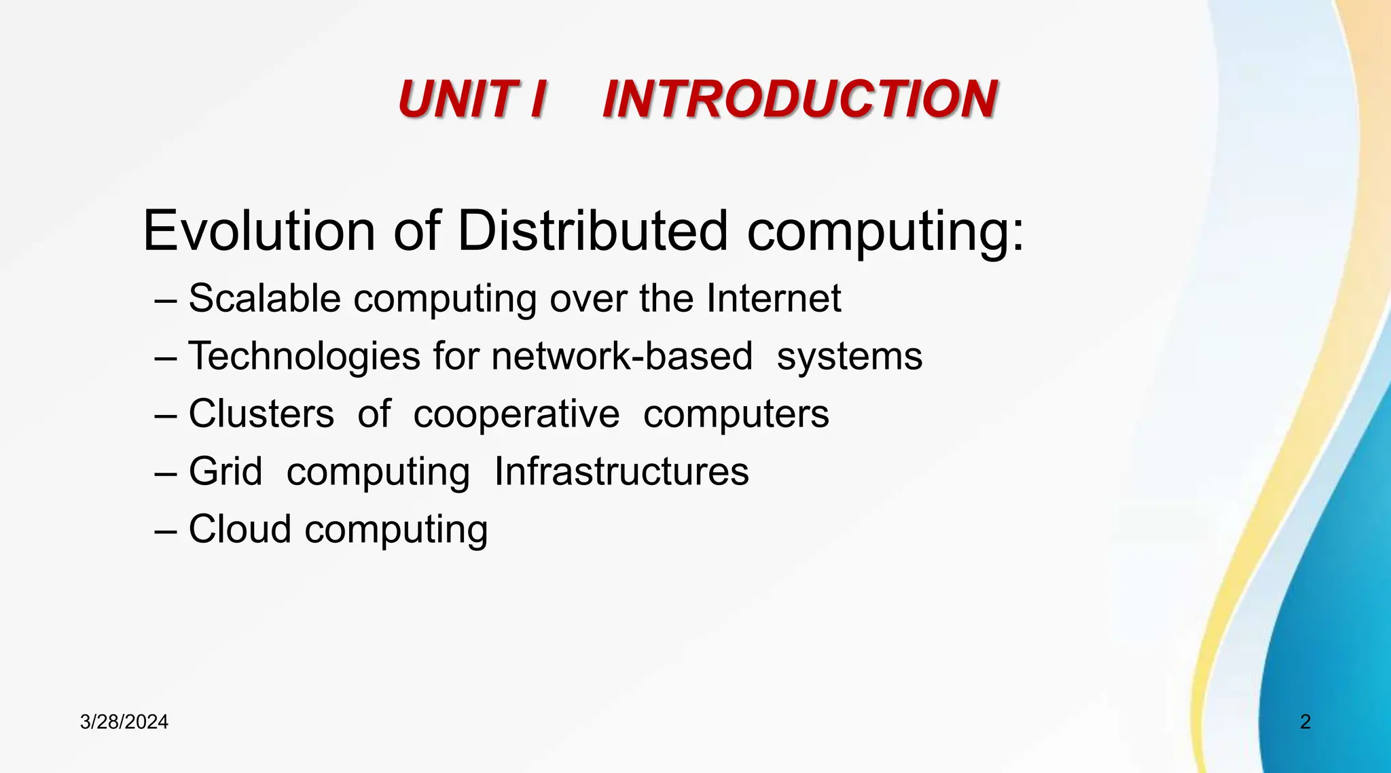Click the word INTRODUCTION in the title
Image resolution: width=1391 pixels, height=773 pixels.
click(x=799, y=99)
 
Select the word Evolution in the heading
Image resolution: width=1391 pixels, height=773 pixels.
click(x=259, y=231)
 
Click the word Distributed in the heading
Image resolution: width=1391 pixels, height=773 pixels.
click(x=593, y=231)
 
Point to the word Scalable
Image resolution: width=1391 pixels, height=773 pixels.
click(x=264, y=298)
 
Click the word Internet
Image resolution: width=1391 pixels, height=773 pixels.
click(x=774, y=298)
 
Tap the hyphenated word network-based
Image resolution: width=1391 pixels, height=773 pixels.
click(x=621, y=356)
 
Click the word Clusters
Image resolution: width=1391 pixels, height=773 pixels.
click(x=261, y=414)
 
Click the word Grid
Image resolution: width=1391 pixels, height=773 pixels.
click(x=225, y=471)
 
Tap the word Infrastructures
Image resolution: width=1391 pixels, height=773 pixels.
click(x=621, y=471)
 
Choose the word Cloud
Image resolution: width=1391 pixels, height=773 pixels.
click(x=240, y=529)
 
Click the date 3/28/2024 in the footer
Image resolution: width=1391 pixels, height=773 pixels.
click(x=124, y=722)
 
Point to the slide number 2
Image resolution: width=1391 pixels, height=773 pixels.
click(x=1305, y=721)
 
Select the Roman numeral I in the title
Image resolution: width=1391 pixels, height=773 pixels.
click(x=537, y=99)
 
